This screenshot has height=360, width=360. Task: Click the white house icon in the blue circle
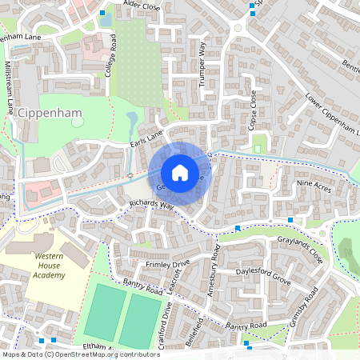tap(180, 172)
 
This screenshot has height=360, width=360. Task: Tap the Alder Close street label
tap(142, 6)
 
